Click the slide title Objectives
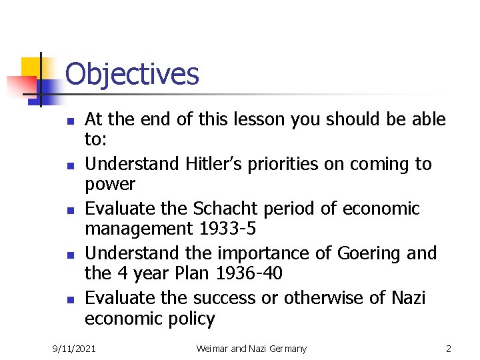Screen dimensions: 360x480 [x=132, y=74]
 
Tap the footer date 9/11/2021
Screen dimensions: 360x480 [x=75, y=349]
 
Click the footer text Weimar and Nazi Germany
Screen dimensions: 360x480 [x=251, y=349]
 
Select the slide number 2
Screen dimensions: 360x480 [x=449, y=349]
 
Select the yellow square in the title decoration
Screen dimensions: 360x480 [x=33, y=69]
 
